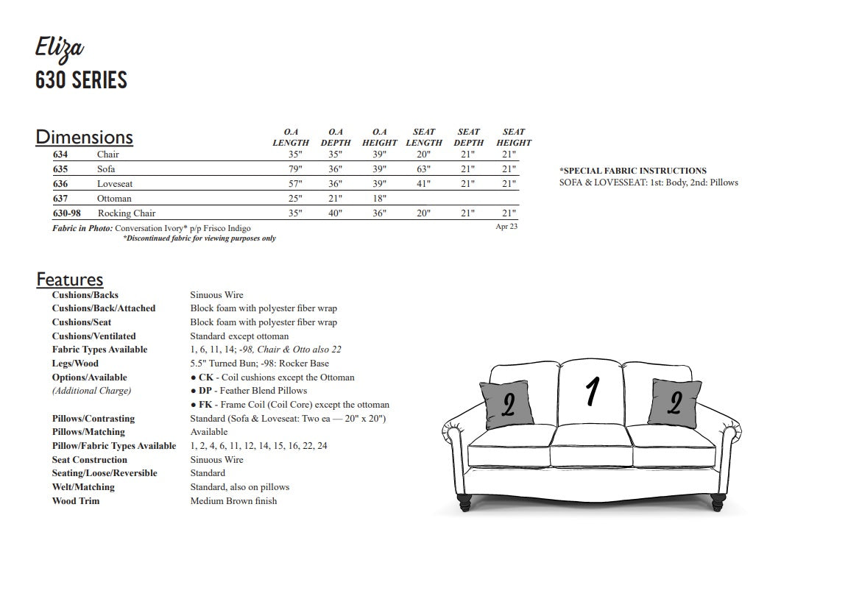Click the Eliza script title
(60, 49)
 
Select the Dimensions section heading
(84, 137)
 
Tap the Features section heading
(70, 280)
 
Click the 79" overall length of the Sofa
(296, 169)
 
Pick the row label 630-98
(67, 213)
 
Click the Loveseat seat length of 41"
(423, 184)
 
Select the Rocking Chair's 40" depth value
(335, 213)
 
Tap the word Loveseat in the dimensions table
(115, 184)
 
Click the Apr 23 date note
(506, 227)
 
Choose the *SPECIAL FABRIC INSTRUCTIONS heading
(633, 171)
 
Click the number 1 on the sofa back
(591, 392)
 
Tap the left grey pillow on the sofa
(506, 404)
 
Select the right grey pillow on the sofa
(674, 402)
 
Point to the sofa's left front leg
(465, 503)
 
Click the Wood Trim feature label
(76, 501)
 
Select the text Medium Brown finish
(233, 501)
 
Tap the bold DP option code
(206, 391)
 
